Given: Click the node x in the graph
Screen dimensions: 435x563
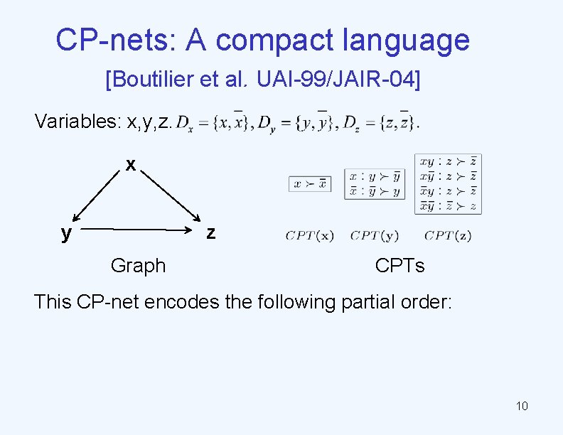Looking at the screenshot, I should (x=131, y=165).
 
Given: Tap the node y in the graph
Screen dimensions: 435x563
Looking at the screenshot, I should (x=66, y=232).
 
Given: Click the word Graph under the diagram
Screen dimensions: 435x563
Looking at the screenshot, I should (x=138, y=266).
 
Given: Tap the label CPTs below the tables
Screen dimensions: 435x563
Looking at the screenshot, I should (x=400, y=266).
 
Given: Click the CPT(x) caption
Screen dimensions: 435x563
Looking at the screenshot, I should (x=309, y=236).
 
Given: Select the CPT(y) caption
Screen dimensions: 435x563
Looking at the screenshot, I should (x=374, y=236).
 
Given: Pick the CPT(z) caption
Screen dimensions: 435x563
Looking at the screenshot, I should (x=447, y=236).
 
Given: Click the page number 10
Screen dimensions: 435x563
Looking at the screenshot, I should (x=522, y=407).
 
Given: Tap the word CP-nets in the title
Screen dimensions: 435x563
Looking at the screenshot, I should (x=116, y=41).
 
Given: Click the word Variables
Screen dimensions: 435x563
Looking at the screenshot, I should (x=77, y=122).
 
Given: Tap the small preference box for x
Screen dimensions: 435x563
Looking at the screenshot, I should (x=309, y=183).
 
